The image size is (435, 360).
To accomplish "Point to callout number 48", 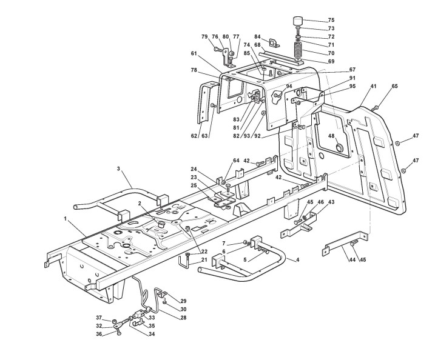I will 331,135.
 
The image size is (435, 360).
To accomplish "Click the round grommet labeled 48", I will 339,148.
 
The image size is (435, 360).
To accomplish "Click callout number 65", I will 394,87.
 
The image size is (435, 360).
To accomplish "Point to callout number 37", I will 98,318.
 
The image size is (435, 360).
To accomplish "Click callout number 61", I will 194,53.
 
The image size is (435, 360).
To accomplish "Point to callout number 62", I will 194,136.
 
